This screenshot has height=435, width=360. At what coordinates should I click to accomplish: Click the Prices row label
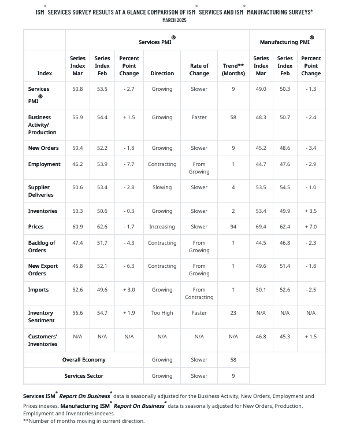[36, 227]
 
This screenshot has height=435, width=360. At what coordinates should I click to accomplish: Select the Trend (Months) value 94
[233, 227]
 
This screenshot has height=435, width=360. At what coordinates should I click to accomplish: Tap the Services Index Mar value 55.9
[77, 117]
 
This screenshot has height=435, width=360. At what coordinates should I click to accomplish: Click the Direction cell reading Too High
[162, 313]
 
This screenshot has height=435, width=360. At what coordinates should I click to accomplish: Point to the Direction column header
[162, 73]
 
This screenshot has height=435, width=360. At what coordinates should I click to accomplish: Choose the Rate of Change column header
[199, 69]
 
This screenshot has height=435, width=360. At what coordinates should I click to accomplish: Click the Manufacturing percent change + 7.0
[311, 227]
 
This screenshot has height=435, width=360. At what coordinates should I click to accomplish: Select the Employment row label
[44, 164]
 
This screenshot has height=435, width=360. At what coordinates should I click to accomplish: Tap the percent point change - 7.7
[129, 164]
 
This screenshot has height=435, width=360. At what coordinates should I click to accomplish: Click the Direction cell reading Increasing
[162, 227]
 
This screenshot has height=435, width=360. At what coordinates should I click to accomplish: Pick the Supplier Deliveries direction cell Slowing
[162, 187]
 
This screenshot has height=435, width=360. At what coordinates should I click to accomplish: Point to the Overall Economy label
[84, 360]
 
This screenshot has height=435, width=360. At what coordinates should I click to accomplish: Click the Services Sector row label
[84, 376]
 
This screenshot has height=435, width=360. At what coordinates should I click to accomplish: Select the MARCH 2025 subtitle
[175, 20]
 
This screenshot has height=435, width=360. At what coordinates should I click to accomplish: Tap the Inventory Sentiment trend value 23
[233, 313]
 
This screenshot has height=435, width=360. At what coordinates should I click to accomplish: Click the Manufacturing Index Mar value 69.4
[261, 227]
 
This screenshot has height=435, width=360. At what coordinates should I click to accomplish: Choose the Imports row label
[39, 290]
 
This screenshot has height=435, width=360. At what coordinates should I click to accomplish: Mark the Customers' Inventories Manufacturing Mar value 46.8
[261, 337]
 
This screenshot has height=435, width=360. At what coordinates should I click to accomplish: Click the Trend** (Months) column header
[233, 69]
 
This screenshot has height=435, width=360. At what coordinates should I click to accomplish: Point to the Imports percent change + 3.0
[129, 290]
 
